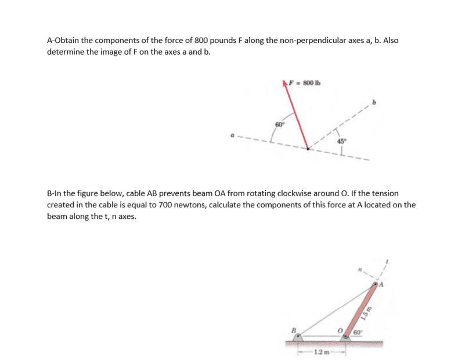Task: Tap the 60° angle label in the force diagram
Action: coord(279,123)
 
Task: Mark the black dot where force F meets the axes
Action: coord(308,149)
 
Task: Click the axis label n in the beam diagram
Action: coord(362,269)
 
